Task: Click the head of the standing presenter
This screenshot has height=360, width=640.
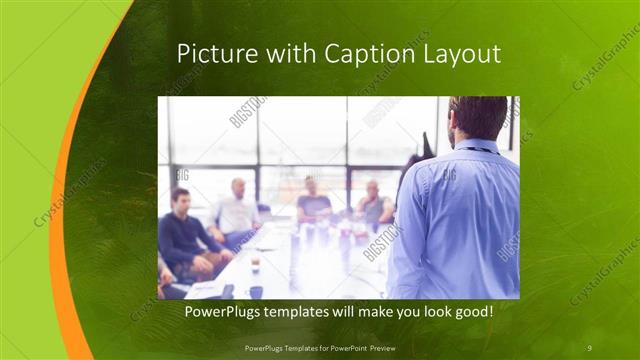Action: (x=479, y=118)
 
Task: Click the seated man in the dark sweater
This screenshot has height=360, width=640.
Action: (x=182, y=234)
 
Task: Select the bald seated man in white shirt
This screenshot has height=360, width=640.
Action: (x=236, y=210)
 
